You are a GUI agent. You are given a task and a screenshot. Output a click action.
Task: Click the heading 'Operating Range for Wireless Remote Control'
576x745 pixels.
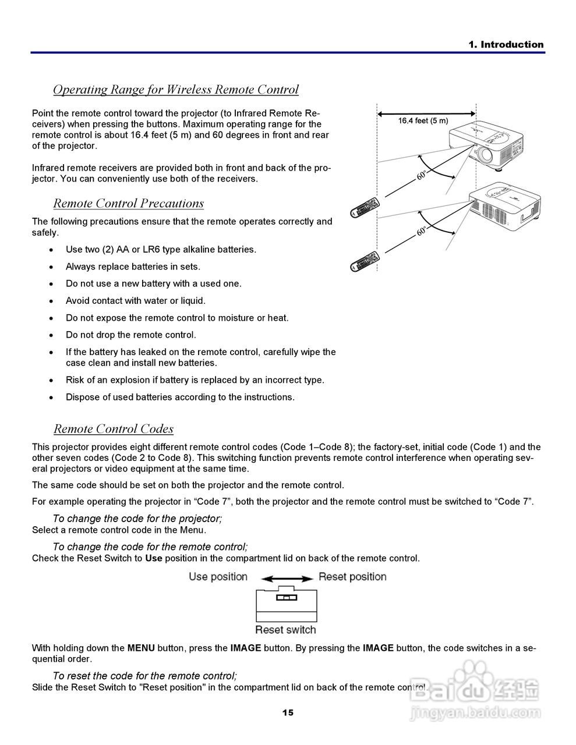click(x=175, y=90)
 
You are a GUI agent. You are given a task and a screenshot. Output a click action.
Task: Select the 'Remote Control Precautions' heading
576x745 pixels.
click(x=128, y=203)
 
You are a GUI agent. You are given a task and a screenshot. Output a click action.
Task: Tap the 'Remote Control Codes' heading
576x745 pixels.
click(x=114, y=429)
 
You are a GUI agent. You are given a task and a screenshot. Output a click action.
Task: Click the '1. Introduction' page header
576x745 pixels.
click(x=506, y=45)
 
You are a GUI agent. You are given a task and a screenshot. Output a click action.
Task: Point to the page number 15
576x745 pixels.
click(x=288, y=712)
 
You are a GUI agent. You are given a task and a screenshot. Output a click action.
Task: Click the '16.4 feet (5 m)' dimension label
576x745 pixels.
click(x=423, y=120)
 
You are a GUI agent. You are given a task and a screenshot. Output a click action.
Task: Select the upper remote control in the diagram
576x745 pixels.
click(x=365, y=207)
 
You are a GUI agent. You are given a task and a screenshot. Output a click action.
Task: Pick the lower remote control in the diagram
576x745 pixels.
click(x=365, y=260)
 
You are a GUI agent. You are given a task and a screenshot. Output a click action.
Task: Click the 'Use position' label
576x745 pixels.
click(x=218, y=577)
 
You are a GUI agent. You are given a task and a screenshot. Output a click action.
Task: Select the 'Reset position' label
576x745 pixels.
click(x=352, y=577)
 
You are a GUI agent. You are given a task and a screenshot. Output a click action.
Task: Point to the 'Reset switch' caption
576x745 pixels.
click(x=285, y=630)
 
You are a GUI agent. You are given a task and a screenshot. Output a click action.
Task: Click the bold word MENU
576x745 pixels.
click(x=141, y=648)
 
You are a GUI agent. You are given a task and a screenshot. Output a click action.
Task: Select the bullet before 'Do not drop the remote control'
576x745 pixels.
click(x=52, y=335)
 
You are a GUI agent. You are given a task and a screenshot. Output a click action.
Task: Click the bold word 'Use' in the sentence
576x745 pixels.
click(x=153, y=558)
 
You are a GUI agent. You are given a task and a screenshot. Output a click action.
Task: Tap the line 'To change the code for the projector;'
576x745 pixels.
click(x=137, y=518)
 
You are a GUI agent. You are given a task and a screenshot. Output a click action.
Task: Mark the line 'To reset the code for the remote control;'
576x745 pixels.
click(x=144, y=676)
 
